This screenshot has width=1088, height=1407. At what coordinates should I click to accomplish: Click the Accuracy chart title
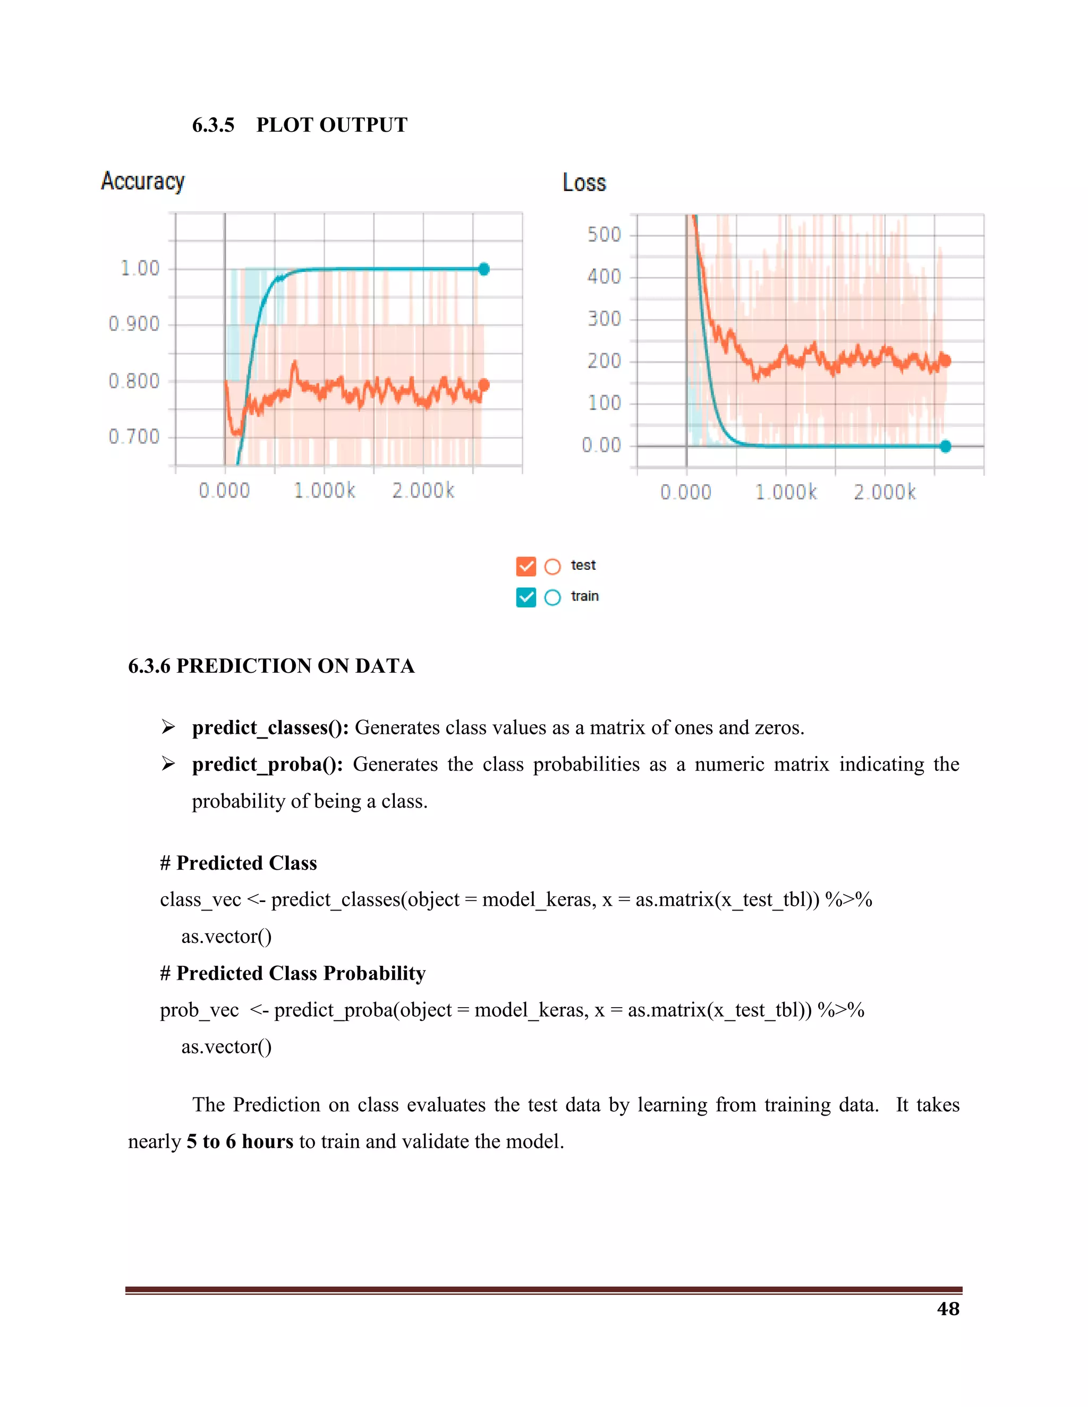coord(142,182)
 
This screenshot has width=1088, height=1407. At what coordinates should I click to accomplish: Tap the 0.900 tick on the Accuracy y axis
coord(134,323)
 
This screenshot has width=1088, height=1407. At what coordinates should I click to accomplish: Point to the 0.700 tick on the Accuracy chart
coord(134,437)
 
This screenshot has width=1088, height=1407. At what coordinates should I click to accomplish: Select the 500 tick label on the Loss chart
coord(604,235)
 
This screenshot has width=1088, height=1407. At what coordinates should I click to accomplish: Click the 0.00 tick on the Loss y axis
coord(601,445)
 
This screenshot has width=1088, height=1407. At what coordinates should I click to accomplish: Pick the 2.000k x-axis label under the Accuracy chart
coord(423,491)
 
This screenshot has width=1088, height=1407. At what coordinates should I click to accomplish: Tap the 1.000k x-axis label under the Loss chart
coord(786,493)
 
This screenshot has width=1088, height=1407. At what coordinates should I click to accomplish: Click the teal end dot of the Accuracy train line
coord(484,269)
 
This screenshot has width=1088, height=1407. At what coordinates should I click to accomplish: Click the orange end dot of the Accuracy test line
coord(484,384)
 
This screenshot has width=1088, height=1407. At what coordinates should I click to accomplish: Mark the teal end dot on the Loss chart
coord(946,447)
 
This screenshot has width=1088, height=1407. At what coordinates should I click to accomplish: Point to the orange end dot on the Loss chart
coord(946,361)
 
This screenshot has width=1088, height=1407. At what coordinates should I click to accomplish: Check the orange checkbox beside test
coord(526,567)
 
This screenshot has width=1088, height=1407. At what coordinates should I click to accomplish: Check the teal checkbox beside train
coord(526,597)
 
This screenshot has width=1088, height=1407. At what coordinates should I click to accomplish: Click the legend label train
coord(584,597)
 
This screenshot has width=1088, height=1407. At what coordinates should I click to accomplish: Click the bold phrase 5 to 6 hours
coord(240,1142)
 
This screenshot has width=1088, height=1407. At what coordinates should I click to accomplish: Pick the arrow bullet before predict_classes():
coord(168,727)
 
